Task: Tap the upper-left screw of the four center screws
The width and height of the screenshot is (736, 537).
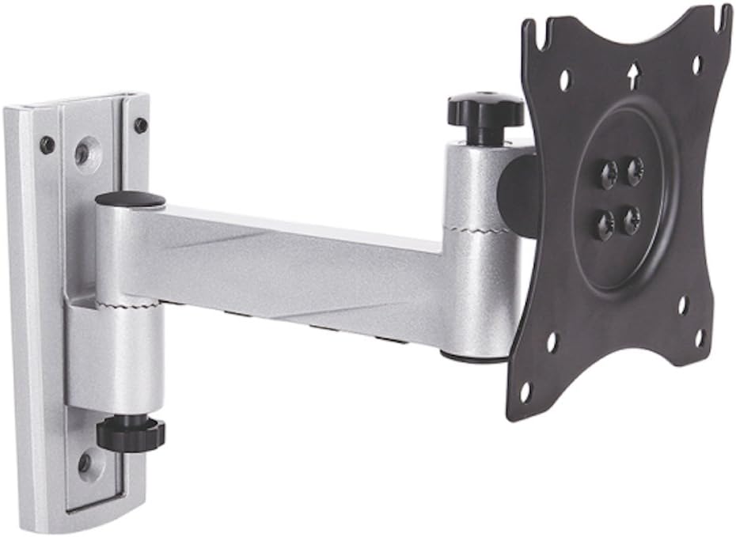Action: tap(609, 174)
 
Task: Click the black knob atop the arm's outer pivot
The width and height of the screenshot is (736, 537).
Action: tap(485, 110)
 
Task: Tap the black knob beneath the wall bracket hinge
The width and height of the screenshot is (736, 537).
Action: tap(131, 432)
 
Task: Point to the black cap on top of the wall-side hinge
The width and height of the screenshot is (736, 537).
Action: tap(131, 200)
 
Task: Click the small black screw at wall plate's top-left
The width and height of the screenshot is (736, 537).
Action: tap(47, 145)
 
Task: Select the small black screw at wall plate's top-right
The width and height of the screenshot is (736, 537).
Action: tap(140, 125)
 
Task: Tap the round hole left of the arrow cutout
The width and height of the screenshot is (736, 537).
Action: tap(565, 80)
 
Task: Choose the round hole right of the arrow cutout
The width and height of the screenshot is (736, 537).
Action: tap(696, 64)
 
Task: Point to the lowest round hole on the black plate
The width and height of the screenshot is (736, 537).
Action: tap(525, 391)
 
